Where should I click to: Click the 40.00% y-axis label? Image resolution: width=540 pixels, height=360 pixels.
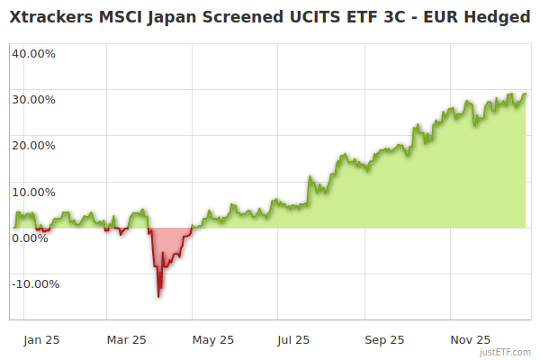[33, 53]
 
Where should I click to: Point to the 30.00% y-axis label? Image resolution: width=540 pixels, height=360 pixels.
[33, 99]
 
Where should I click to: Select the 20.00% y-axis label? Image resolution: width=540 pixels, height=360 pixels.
[33, 145]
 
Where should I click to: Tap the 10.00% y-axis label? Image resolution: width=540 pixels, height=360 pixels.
[33, 192]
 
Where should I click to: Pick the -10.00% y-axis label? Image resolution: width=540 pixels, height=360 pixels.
[34, 284]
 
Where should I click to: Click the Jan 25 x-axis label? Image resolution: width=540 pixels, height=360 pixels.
[41, 340]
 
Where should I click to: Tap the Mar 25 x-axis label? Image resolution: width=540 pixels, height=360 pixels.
[126, 340]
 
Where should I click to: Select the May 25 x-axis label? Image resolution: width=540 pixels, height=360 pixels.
[212, 340]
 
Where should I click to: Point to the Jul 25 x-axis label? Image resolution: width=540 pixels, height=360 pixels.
[292, 340]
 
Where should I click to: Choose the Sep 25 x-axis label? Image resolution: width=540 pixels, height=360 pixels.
[383, 340]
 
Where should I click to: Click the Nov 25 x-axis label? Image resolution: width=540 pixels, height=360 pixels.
[470, 340]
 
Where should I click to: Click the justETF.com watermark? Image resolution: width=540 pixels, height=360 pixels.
[505, 352]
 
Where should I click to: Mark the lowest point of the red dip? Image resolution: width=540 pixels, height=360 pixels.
[158, 296]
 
